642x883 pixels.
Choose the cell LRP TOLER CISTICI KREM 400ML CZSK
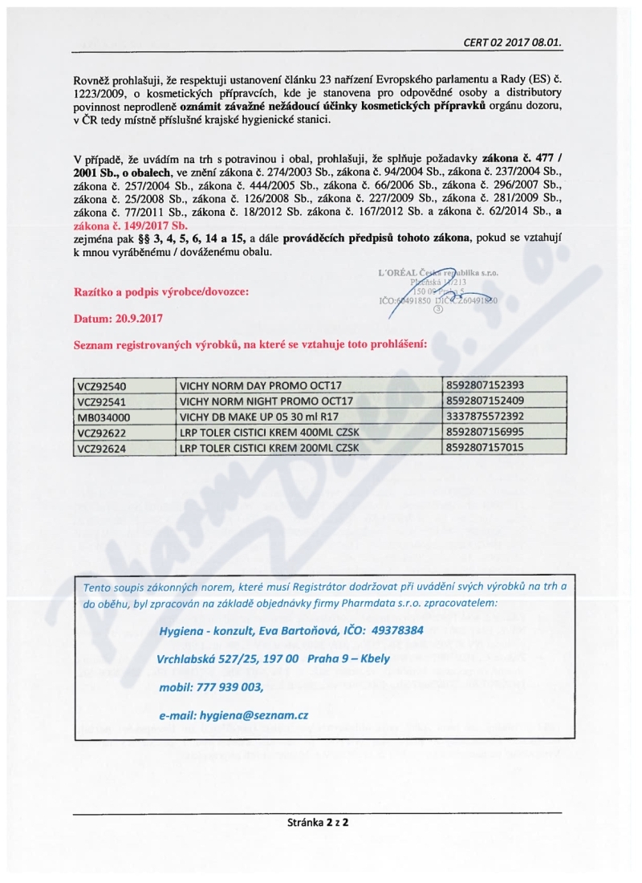270,432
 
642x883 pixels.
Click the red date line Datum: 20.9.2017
118,318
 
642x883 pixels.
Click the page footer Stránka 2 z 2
321,824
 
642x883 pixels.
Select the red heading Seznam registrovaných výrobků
250,344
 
